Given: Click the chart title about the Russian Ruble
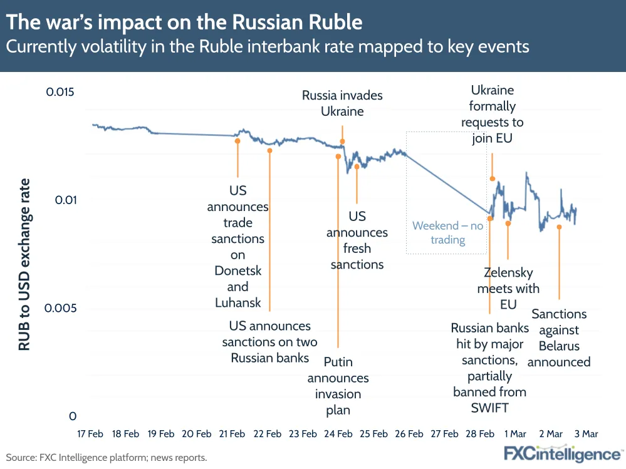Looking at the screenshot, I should (184, 23).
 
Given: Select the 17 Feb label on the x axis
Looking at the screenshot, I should (90, 433).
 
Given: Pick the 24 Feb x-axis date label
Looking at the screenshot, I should (338, 433).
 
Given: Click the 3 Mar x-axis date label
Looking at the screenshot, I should (586, 433).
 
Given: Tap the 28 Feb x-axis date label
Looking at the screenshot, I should (479, 433).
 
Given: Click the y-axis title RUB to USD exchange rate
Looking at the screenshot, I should (24, 264).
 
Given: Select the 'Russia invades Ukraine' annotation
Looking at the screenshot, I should (342, 103).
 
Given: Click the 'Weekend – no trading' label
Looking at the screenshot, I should (447, 232).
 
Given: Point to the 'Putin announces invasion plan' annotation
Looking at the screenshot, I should (338, 386).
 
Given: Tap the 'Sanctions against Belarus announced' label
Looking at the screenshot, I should (559, 338).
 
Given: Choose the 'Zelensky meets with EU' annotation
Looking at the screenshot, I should (508, 288).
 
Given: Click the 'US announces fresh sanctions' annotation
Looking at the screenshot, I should (357, 240).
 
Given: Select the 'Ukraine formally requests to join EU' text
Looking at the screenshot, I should (493, 114).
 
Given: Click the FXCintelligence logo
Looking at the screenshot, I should (562, 453).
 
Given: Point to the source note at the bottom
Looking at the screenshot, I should (107, 458).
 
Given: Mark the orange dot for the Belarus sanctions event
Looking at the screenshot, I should (559, 227).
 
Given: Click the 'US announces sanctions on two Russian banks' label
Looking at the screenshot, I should (269, 342).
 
